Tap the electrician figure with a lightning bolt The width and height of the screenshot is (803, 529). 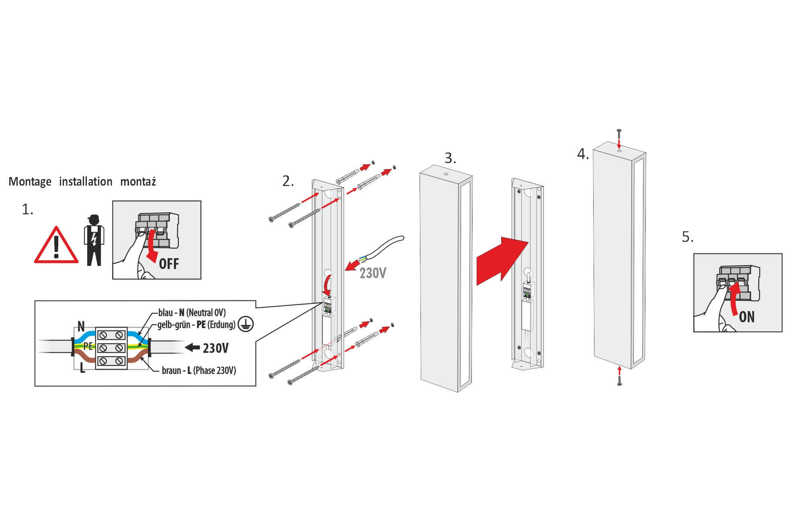(94, 241)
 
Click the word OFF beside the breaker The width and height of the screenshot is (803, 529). (169, 264)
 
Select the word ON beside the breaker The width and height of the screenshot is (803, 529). (746, 317)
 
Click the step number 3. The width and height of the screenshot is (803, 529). (450, 158)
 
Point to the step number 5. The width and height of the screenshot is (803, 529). (687, 237)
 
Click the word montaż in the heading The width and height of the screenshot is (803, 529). (138, 182)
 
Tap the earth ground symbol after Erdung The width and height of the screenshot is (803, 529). (246, 324)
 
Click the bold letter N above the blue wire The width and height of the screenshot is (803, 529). (81, 326)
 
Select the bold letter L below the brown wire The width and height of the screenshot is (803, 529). (82, 368)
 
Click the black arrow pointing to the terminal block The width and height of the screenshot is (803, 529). (193, 347)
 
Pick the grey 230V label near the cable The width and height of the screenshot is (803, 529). (373, 273)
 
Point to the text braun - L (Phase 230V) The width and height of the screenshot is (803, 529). (199, 370)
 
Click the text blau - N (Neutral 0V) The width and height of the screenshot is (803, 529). (192, 312)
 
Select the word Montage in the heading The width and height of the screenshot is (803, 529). (30, 182)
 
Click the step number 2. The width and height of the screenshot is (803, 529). (288, 181)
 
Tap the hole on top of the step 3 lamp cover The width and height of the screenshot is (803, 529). (446, 174)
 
